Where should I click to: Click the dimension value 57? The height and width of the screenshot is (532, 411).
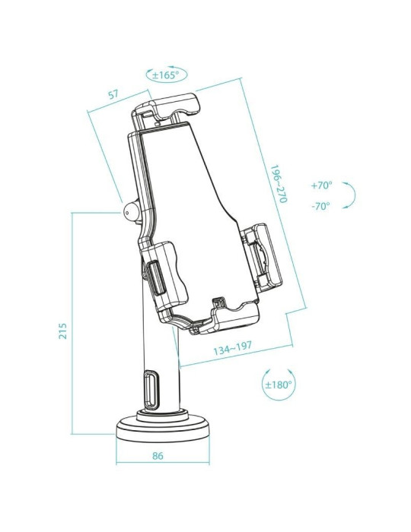pos(113,96)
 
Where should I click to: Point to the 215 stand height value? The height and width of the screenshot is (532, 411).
pos(62,331)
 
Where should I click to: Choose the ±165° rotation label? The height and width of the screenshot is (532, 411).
pos(165,75)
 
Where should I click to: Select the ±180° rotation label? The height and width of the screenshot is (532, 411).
pos(279,385)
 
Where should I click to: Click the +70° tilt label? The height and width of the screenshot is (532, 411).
pos(322,185)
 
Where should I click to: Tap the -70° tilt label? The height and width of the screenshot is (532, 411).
pos(320,206)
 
